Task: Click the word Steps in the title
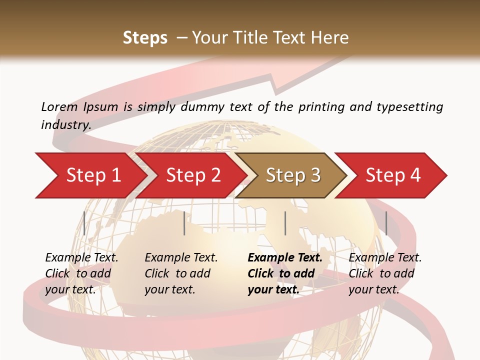click(145, 38)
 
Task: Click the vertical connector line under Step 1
click(84, 223)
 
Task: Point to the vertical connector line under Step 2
click(184, 223)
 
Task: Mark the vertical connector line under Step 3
click(285, 223)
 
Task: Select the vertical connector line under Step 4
click(386, 223)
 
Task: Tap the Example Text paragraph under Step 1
click(81, 273)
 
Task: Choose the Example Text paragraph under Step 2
click(181, 273)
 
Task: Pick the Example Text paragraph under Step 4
click(385, 273)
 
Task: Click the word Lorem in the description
click(59, 107)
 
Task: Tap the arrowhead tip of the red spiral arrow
click(350, 56)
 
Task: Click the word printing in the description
click(320, 107)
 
